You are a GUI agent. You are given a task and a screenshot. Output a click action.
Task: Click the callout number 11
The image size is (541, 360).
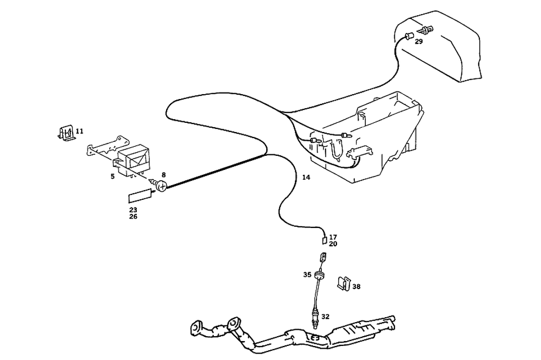click(x=80, y=131)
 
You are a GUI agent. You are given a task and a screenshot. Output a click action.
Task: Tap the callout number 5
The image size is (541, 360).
click(x=113, y=176)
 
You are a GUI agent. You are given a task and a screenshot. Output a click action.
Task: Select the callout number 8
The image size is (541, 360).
click(x=163, y=175)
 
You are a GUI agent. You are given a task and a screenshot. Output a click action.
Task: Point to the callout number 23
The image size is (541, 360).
click(x=133, y=210)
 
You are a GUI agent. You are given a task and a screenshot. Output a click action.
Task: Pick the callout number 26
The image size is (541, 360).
click(x=133, y=217)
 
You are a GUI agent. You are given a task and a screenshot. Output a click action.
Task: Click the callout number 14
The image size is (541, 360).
click(x=306, y=178)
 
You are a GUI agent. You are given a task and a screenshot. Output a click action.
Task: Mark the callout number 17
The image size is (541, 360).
click(x=333, y=237)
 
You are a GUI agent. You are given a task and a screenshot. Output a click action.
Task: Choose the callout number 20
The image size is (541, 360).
click(x=333, y=244)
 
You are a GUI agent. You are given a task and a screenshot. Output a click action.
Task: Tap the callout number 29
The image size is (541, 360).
click(x=419, y=42)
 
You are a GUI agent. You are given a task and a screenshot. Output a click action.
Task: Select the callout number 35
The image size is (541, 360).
click(x=307, y=274)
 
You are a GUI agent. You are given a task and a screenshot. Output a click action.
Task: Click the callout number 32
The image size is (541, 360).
click(x=325, y=316)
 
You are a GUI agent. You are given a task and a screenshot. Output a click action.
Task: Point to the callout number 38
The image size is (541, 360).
click(x=356, y=286)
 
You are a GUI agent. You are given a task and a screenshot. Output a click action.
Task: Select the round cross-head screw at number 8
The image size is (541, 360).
click(x=160, y=187)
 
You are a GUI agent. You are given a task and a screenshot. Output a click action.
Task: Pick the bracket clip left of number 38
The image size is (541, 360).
click(x=342, y=283)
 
